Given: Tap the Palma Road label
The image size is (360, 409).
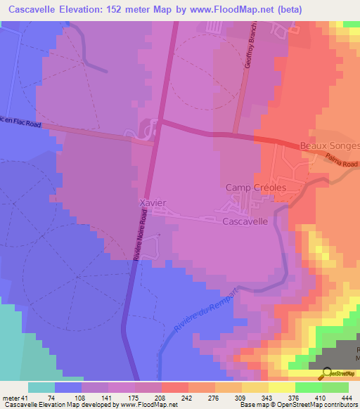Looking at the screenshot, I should click(343, 164).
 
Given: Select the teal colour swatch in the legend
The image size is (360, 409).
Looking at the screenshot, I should click(41, 387).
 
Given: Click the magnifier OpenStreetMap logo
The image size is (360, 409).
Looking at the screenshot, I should click(326, 373).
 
